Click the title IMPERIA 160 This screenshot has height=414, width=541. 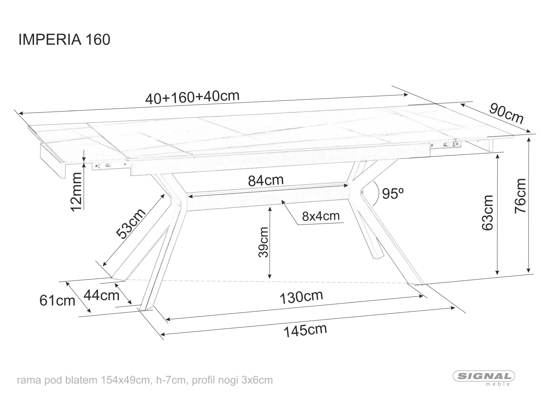(x=64, y=40)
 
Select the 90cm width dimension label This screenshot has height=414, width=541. (x=506, y=113)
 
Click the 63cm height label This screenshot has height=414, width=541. (x=488, y=213)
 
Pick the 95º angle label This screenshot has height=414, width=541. (x=393, y=193)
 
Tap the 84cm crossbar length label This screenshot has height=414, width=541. (x=266, y=180)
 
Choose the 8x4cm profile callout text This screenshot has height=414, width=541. (x=321, y=216)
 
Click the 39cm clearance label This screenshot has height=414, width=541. (x=263, y=242)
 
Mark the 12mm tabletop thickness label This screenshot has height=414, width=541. (x=76, y=192)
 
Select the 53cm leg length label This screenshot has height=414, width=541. (x=131, y=224)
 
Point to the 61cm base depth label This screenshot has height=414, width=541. (x=57, y=301)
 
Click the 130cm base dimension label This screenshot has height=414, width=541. (x=301, y=297)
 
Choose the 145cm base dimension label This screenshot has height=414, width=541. (x=305, y=330)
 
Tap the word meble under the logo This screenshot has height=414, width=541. (x=497, y=384)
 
